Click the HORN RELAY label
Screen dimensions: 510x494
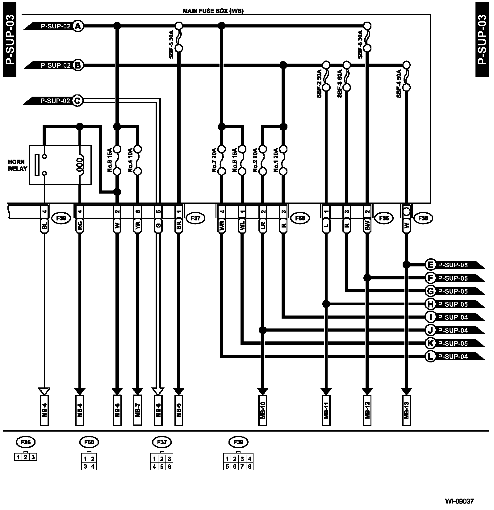[x=18, y=165]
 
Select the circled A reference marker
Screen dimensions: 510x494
[x=78, y=26]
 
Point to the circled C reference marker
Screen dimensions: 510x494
[x=78, y=101]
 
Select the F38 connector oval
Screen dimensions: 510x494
[x=423, y=218]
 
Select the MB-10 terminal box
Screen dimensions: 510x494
[x=263, y=410]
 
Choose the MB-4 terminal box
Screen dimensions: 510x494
[x=44, y=410]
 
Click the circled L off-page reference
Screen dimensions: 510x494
[x=430, y=357]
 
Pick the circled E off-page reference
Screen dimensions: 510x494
[x=430, y=265]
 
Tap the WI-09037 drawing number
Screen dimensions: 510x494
[x=459, y=501]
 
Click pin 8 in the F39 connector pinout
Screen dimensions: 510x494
[x=249, y=466]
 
